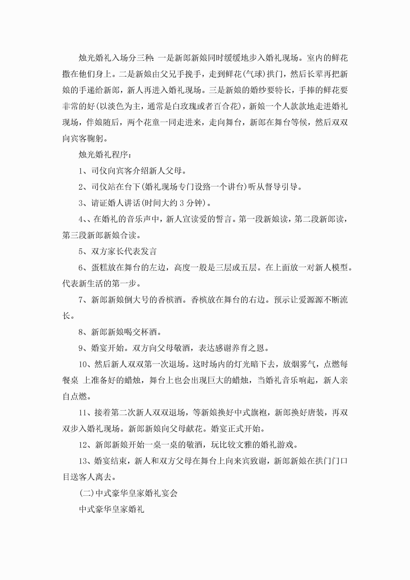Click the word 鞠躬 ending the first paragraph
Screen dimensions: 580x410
pyautogui.click(x=95, y=138)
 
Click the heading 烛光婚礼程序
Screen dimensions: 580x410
pyautogui.click(x=103, y=154)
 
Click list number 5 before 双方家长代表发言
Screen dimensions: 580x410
pyautogui.click(x=81, y=251)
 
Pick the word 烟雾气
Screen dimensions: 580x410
pyautogui.click(x=303, y=364)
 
